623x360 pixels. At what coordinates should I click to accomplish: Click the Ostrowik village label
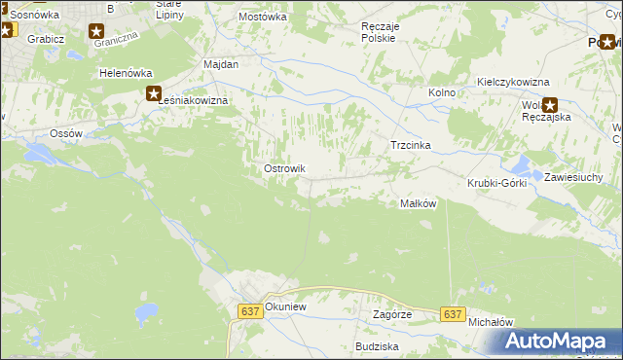pos(285,168)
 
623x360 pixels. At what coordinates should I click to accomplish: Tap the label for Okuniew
pos(285,305)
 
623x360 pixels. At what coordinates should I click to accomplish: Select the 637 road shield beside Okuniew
pos(249,310)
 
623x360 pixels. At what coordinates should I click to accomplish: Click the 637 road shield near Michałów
pos(451,314)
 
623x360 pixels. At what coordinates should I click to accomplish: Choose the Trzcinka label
pos(410,145)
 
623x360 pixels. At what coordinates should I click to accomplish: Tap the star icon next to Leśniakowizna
pos(154,94)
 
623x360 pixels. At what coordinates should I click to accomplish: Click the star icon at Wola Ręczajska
pos(551,106)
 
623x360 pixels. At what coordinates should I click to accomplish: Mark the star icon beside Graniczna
pos(96,32)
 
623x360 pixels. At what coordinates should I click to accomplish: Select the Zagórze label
pos(393,315)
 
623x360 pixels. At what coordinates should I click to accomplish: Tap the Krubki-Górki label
pos(496,183)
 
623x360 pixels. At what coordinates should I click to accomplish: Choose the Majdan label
pos(221,63)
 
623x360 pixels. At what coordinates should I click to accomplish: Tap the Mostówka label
pos(263,18)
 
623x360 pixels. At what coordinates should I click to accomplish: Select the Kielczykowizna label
pos(513,83)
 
